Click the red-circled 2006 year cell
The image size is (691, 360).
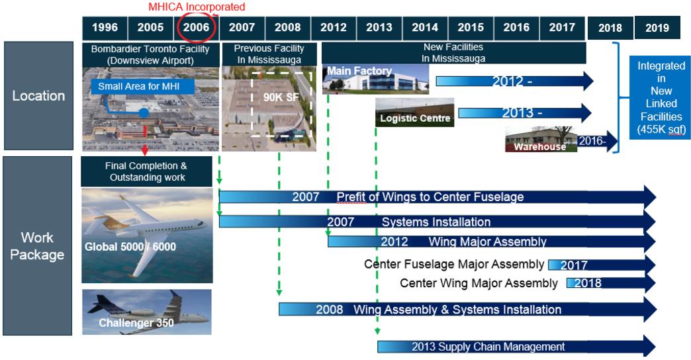click(196, 28)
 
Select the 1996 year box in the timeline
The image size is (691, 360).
click(105, 28)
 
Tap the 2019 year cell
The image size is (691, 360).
click(657, 28)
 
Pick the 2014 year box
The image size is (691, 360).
click(425, 28)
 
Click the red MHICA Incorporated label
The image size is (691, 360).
click(197, 7)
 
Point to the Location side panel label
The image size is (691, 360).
click(38, 95)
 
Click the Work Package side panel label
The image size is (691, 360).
click(38, 246)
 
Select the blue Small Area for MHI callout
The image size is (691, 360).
click(142, 87)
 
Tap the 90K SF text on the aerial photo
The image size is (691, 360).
click(281, 97)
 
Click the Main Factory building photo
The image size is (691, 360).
click(375, 79)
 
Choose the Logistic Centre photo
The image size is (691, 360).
click(415, 112)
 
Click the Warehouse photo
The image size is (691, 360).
click(541, 139)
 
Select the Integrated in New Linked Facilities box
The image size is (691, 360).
click(661, 97)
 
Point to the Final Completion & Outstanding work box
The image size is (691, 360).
click(147, 171)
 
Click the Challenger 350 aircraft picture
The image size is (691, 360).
click(147, 312)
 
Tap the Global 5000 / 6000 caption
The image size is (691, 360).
click(130, 247)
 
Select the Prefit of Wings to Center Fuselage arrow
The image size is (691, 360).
click(438, 197)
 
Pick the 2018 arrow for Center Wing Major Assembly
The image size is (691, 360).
click(611, 283)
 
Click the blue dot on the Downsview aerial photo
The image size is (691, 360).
click(144, 112)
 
